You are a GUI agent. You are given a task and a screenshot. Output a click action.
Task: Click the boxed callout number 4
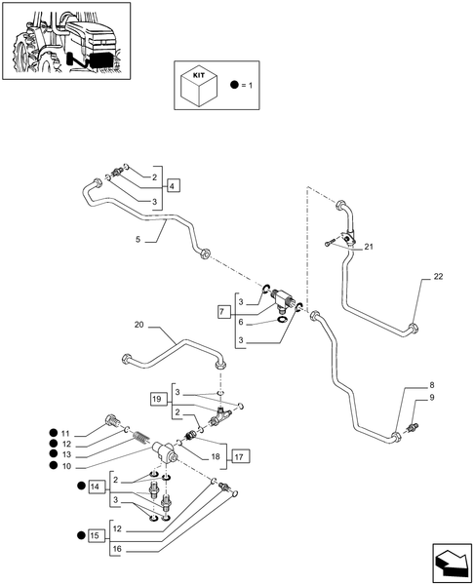point(173,185)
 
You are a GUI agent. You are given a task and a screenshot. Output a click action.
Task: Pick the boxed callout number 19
point(158,398)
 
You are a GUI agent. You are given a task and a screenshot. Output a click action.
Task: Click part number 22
point(438,278)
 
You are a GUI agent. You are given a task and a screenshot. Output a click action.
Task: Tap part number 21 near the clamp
point(369,248)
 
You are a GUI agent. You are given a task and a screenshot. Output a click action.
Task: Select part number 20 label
point(138,325)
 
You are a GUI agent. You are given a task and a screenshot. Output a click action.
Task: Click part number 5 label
point(138,239)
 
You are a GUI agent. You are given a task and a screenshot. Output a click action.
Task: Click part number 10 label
point(65,466)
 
